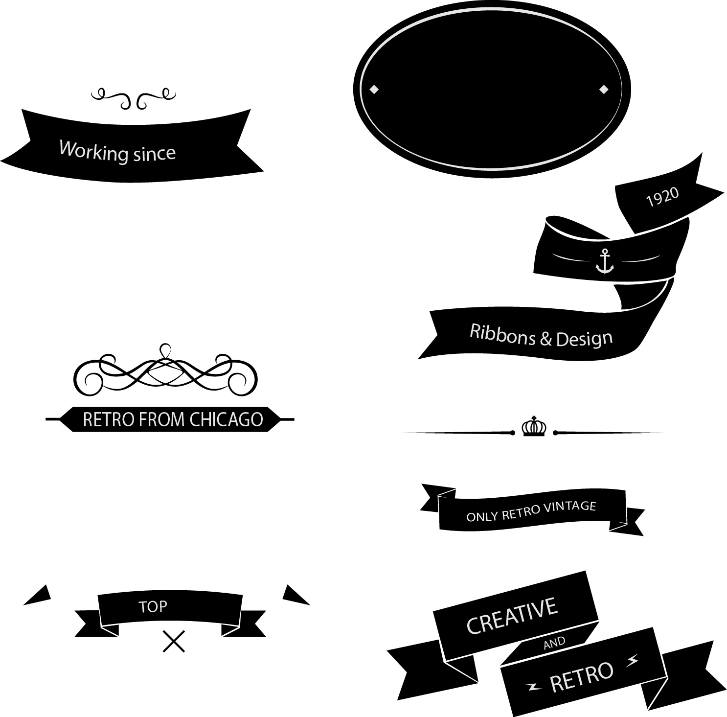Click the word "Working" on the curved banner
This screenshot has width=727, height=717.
(x=93, y=151)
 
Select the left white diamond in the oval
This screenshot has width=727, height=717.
(x=374, y=89)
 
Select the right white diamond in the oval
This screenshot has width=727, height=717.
(x=604, y=89)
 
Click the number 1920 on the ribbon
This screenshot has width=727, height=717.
(x=663, y=197)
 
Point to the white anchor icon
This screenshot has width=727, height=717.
(x=605, y=261)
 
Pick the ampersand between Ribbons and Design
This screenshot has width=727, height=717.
(x=546, y=339)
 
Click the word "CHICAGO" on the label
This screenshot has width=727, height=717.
(x=226, y=419)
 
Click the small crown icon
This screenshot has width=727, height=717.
(x=534, y=426)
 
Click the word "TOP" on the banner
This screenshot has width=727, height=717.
(x=153, y=607)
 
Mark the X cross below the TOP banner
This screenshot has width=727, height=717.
(x=174, y=642)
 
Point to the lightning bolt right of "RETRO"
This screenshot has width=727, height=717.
(x=633, y=661)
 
